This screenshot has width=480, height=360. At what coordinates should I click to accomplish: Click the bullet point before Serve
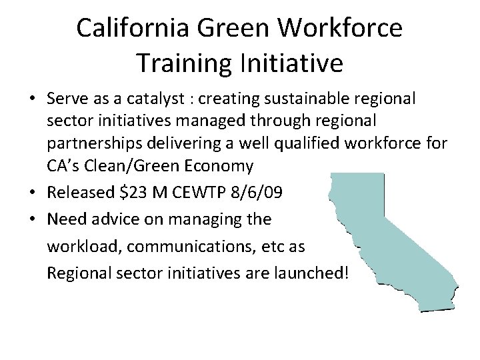[32, 100]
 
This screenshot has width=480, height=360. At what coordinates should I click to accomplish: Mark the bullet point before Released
[32, 193]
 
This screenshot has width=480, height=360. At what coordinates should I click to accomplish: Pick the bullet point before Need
[32, 219]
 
